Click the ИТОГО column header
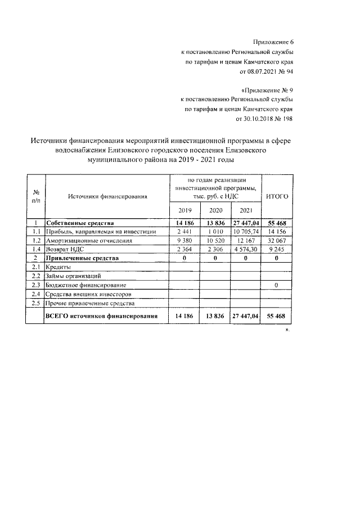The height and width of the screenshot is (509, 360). (277, 196)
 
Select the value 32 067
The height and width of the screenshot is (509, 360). (277, 240)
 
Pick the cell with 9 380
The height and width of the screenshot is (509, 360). (184, 240)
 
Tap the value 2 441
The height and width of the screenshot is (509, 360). (184, 231)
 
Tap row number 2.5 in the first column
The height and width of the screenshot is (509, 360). (36, 303)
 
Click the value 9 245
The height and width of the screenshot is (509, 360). (277, 249)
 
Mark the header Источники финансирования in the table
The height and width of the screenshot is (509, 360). (107, 196)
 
